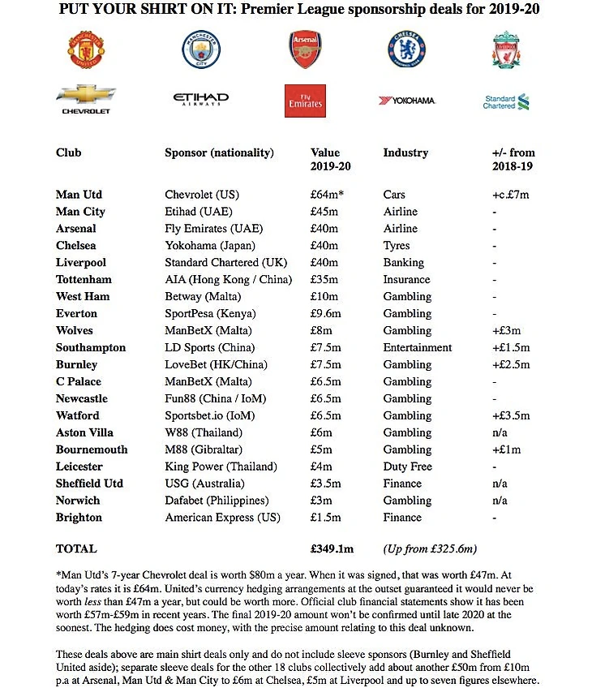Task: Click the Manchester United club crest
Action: point(86,49)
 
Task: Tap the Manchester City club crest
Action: point(195,49)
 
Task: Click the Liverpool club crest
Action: point(506,49)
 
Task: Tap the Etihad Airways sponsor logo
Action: point(200,100)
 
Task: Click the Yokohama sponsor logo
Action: point(407,101)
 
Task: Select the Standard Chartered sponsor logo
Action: point(505,101)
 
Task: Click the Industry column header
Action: point(405,153)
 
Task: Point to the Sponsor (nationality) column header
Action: point(219,153)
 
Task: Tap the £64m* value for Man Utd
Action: point(328,195)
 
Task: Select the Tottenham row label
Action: point(84,279)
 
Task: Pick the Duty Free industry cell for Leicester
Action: point(408,467)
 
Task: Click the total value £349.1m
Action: point(334,548)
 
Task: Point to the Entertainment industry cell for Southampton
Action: point(418,347)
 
